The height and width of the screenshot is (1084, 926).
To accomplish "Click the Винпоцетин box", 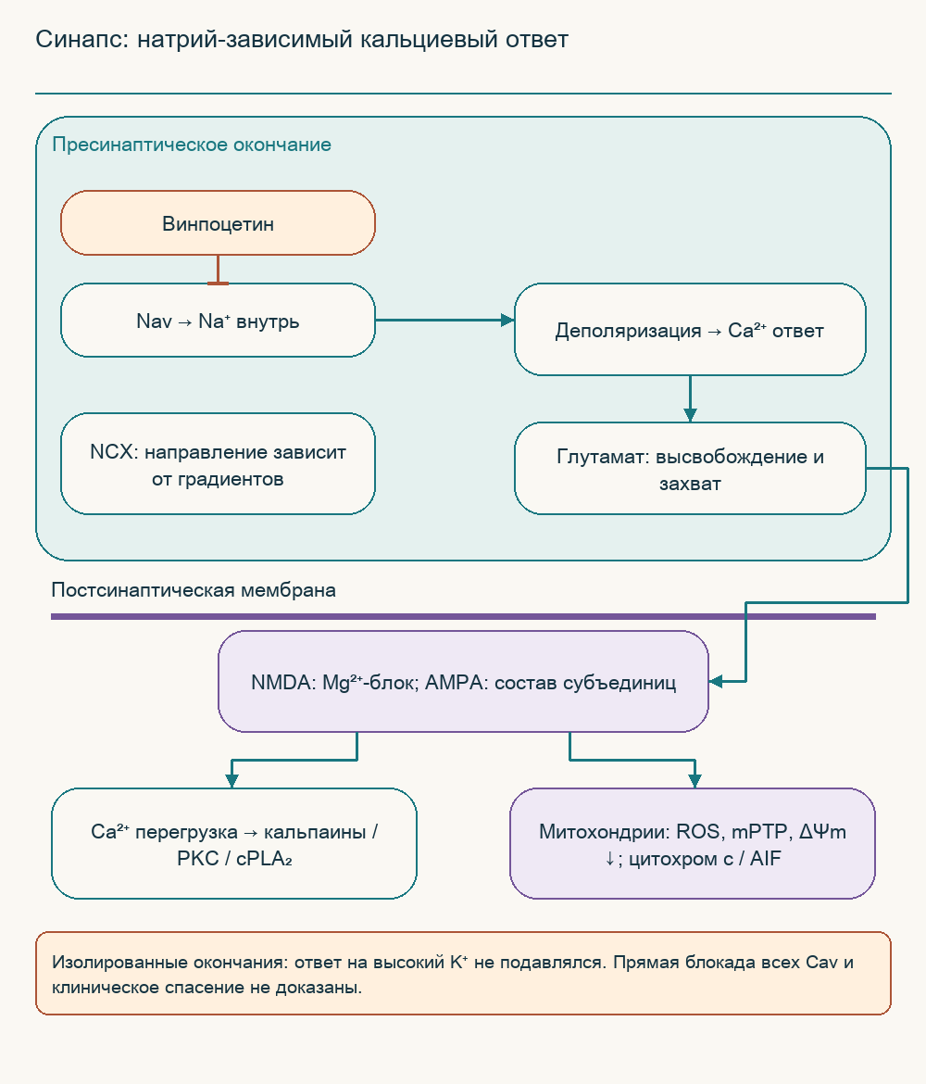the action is coord(218,223).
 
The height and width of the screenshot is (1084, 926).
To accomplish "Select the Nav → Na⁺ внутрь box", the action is coord(218,320).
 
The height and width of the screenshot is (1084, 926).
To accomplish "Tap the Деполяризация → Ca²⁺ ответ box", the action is coord(690,330).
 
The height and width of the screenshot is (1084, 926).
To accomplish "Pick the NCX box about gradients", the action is coord(218,464).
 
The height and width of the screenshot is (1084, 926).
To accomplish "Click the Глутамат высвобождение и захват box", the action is coord(690,469).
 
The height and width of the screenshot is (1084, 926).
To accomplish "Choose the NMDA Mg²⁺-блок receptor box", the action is coord(463,682).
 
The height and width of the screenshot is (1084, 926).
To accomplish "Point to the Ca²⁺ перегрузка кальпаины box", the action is coord(234,843).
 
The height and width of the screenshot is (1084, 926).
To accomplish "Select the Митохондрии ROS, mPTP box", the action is coord(693,843).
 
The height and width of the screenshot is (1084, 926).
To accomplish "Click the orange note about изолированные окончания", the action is coord(463,974).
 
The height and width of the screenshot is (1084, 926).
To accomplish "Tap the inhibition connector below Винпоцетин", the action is coord(218,270).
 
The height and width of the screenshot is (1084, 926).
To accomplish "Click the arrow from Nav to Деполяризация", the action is coord(445,320).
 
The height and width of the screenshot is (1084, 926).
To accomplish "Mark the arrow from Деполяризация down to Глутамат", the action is coord(690,399).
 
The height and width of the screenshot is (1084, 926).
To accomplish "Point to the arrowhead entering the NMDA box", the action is coord(715,682).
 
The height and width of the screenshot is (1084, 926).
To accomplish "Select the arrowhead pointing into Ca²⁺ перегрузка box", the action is coord(232,781).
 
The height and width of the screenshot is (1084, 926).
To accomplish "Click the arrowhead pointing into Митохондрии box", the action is coord(694,781).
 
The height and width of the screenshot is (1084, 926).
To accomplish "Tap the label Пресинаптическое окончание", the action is coord(192,145).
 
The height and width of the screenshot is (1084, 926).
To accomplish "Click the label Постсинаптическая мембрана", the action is coord(194,589).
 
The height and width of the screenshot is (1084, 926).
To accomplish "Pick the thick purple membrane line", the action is coord(463,617).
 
